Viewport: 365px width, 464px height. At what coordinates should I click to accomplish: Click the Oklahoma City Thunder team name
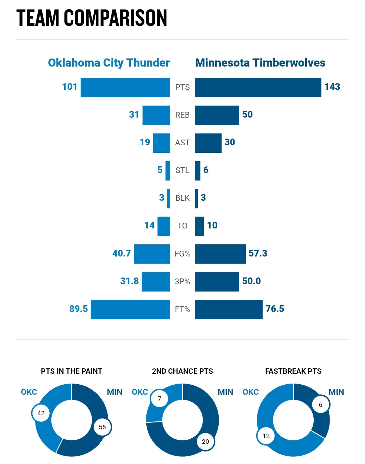(x=108, y=63)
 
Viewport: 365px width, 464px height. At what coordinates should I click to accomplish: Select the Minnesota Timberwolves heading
(x=260, y=63)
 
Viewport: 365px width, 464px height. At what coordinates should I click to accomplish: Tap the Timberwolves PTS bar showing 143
(x=258, y=88)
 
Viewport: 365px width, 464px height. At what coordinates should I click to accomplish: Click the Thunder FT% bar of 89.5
(x=130, y=309)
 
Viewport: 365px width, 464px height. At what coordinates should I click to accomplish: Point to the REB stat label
(x=182, y=115)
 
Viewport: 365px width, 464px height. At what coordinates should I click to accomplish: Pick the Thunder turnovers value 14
(x=149, y=225)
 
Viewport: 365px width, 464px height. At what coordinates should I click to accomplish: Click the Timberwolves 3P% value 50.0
(x=251, y=281)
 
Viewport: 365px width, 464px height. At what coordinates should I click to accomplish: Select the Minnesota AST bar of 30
(x=208, y=143)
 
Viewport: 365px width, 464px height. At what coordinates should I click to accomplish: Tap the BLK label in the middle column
(x=182, y=198)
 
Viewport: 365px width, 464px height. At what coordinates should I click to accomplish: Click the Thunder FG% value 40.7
(x=121, y=253)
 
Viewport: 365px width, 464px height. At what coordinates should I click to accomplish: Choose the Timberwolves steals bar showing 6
(x=198, y=171)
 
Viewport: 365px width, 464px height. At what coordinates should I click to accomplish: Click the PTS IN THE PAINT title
(x=71, y=371)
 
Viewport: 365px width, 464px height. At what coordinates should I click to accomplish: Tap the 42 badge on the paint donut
(x=41, y=413)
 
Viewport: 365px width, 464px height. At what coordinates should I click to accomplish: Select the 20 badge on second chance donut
(x=205, y=441)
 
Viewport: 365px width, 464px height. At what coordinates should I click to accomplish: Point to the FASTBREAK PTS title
(x=293, y=371)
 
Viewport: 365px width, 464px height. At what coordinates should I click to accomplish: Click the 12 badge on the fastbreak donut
(x=266, y=436)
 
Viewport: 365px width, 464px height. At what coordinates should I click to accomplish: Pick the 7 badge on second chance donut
(x=160, y=399)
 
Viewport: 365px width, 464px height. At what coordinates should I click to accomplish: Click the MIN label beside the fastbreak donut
(x=336, y=392)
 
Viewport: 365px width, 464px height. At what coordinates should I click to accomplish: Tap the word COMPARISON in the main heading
(x=116, y=18)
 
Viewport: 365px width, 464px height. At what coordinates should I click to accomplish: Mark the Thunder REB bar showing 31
(x=156, y=115)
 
